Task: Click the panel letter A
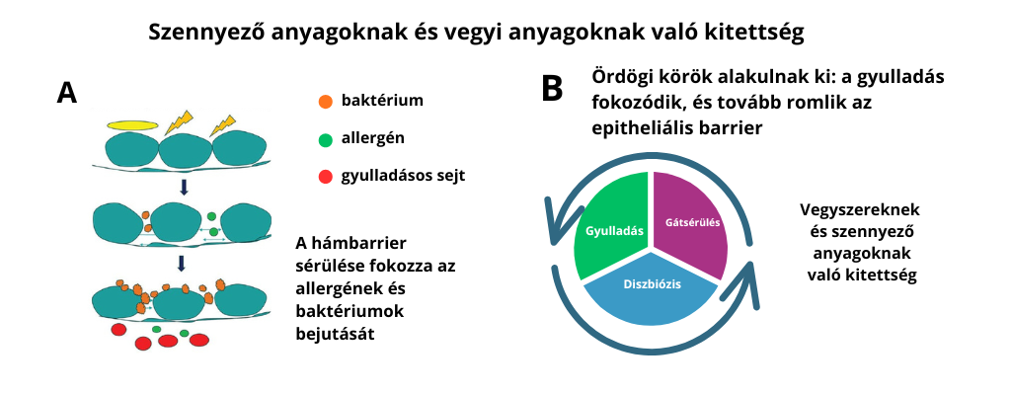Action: pos(67,93)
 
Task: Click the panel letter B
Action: pos(552,88)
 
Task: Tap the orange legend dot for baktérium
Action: pos(325,101)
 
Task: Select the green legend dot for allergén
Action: pos(325,138)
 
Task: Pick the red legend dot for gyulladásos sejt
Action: pos(325,177)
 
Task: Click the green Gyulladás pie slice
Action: pos(611,228)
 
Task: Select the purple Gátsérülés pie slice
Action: pos(688,222)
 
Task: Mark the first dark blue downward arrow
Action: pos(182,187)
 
